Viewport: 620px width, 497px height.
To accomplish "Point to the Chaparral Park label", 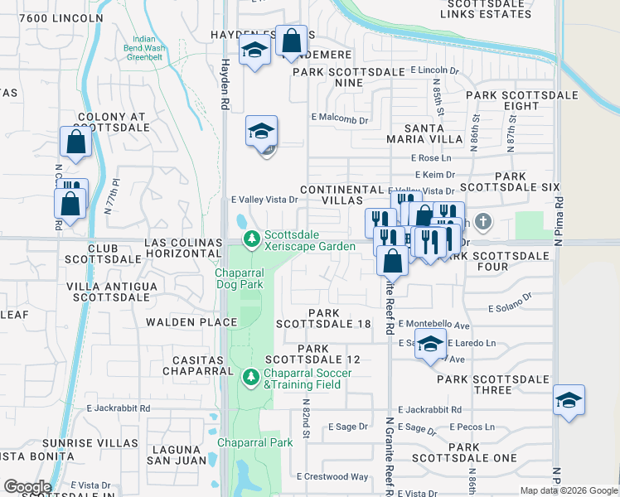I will click(x=255, y=442).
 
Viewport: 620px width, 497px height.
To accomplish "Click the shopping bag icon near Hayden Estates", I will click(x=292, y=41).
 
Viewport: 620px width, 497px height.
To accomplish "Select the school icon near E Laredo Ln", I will click(x=430, y=345).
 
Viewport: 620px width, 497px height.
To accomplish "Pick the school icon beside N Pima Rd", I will click(x=569, y=401).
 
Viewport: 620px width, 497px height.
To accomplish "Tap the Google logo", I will click(x=27, y=487).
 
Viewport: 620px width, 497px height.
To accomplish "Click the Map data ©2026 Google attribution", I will click(x=568, y=490).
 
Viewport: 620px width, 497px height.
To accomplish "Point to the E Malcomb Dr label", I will click(x=339, y=120).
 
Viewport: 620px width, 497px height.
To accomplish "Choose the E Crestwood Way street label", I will click(x=335, y=476).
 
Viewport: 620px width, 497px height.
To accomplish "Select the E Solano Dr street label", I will click(x=510, y=308).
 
